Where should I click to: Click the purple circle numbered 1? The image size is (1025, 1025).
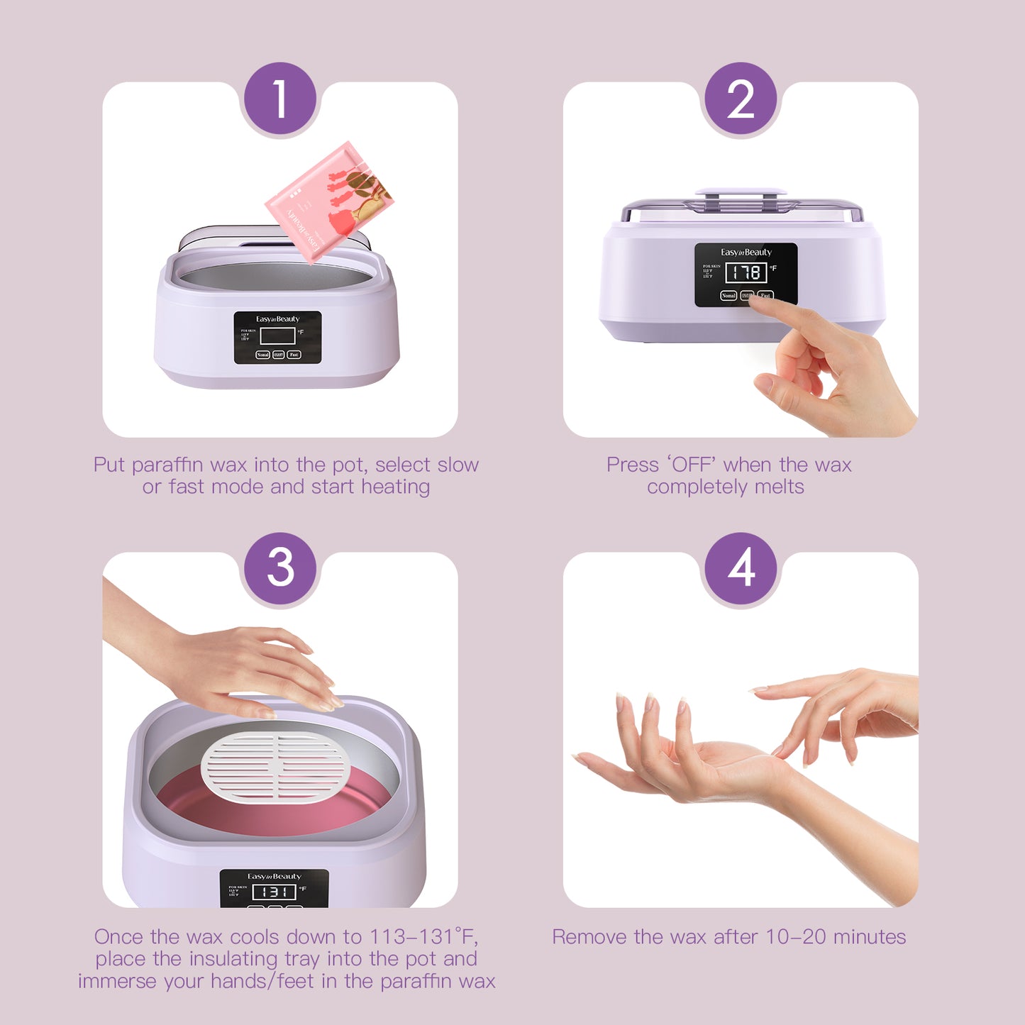pos(279,99)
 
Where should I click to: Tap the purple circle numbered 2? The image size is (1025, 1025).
pos(741,99)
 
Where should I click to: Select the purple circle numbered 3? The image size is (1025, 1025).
pos(279,568)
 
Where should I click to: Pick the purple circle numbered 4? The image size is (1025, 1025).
pos(741,568)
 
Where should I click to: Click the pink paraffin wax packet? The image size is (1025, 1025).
pos(328,200)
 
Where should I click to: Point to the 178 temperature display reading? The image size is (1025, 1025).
pos(746,272)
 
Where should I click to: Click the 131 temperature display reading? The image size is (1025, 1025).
pos(274,892)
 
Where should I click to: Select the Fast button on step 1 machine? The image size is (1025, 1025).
pos(294,355)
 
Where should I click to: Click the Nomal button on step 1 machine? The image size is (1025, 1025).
pos(262,355)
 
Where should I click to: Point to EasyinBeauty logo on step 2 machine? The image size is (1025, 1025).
pos(746,253)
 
